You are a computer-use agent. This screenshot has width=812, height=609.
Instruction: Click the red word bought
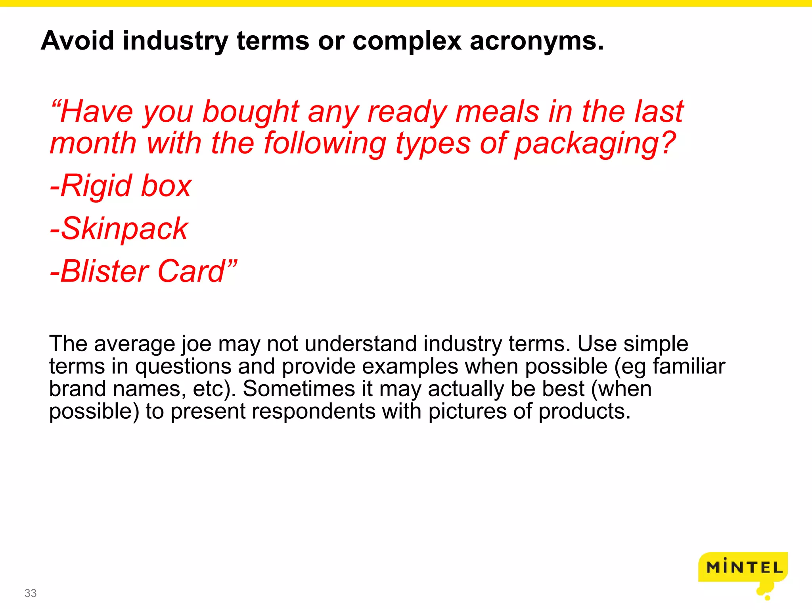pyautogui.click(x=251, y=112)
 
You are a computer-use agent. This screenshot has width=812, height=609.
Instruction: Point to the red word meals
pyautogui.click(x=497, y=112)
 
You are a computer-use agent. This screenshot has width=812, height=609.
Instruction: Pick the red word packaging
pyautogui.click(x=595, y=144)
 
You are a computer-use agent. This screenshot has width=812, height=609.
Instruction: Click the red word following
pyautogui.click(x=325, y=144)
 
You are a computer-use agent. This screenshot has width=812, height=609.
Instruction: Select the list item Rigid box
pyautogui.click(x=121, y=186)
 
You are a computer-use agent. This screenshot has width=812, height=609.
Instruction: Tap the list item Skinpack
pyautogui.click(x=119, y=229)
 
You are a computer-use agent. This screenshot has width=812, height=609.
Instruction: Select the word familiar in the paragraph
pyautogui.click(x=689, y=366)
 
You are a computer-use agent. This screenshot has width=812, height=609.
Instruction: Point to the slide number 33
pyautogui.click(x=31, y=593)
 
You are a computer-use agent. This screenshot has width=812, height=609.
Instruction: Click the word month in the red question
pyautogui.click(x=93, y=144)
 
